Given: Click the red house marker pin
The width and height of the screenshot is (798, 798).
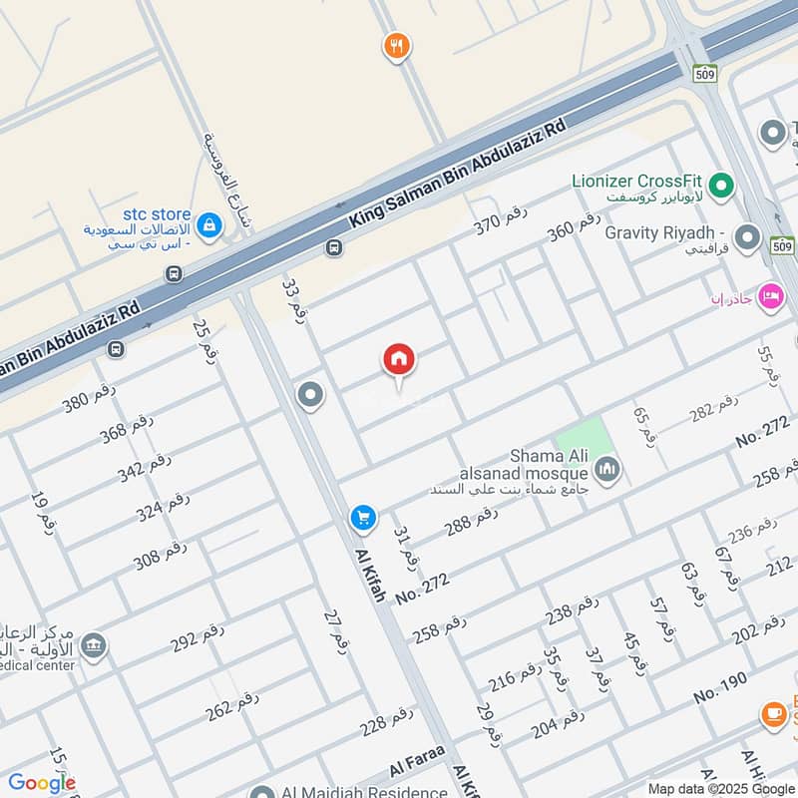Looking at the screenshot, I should [399, 360].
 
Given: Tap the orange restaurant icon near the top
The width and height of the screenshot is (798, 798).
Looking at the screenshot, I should [397, 45].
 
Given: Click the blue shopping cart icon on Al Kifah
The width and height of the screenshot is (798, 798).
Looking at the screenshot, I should [363, 518].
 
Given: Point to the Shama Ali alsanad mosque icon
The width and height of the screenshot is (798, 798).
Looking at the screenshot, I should [606, 468].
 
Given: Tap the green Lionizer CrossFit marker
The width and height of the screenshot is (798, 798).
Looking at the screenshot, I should [721, 185].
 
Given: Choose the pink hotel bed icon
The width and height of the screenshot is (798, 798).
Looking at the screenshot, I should [770, 296].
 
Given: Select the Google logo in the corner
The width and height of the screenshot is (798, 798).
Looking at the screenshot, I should [41, 783].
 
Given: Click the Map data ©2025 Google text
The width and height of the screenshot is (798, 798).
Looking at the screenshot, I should [722, 788].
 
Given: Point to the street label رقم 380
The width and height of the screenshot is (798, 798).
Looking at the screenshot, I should [89, 398].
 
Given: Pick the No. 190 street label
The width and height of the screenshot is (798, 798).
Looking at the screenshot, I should [720, 687].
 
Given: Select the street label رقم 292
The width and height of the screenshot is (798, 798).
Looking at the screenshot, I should [198, 635].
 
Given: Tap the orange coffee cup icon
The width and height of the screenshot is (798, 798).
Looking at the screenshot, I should [773, 713].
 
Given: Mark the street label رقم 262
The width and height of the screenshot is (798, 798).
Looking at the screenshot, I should [232, 704].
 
